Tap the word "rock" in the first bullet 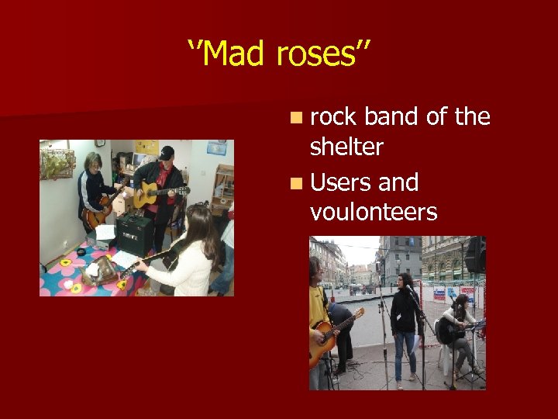coord(333,117)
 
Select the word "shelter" coord(346,147)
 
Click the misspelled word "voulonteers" coord(374,212)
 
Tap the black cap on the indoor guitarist coord(167,152)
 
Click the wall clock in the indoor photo coord(100,144)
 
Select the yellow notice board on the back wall coord(146,147)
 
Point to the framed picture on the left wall coord(58,164)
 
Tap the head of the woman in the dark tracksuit coord(94,161)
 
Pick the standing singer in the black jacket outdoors coord(405,318)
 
